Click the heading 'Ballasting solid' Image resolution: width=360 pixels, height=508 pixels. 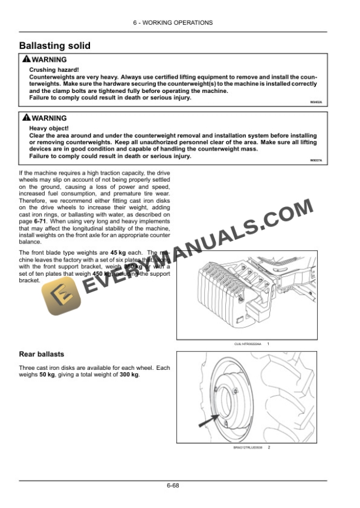tap(55, 46)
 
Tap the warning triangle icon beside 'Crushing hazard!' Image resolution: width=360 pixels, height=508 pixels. tap(25, 59)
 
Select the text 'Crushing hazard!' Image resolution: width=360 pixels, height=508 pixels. tap(50, 70)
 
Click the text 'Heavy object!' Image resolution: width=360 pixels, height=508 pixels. tap(49, 128)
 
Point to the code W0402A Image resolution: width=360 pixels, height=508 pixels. tap(316, 102)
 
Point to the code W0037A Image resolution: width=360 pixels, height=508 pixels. tap(316, 160)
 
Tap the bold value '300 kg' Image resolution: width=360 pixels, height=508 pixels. tap(128, 375)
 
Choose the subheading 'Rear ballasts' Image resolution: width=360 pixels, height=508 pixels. tap(42, 354)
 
